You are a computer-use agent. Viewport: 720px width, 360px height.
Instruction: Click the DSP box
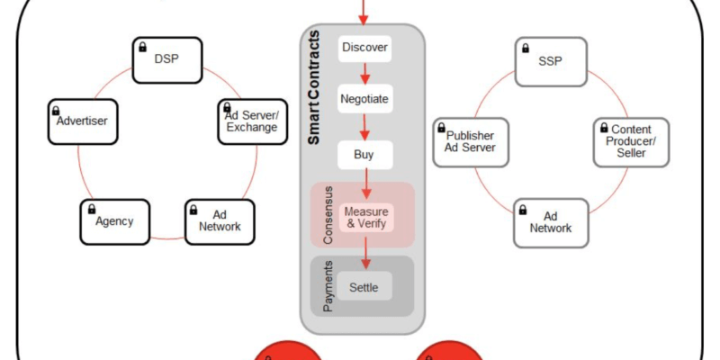click(167, 59)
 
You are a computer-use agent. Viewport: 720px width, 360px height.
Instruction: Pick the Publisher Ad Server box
click(470, 141)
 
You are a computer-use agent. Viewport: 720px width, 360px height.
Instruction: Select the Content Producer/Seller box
click(631, 141)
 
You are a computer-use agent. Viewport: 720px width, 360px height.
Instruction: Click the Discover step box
click(364, 47)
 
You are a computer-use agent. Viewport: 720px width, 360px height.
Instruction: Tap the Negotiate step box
click(364, 99)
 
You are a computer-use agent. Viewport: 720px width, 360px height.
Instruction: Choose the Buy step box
click(364, 155)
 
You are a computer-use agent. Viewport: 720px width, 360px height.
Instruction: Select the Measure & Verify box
click(364, 217)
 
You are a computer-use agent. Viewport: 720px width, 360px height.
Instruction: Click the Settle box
click(364, 288)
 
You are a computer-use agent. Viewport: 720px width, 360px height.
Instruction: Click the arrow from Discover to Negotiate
click(364, 73)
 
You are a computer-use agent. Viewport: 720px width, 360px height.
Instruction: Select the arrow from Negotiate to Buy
click(364, 127)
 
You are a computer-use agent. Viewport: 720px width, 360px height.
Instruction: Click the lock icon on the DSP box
click(142, 46)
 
